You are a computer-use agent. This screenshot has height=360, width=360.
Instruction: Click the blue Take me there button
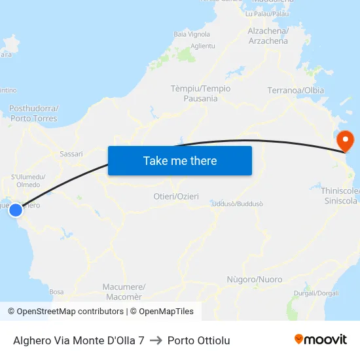pyautogui.click(x=179, y=160)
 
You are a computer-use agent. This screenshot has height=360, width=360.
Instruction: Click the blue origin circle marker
pyautogui.click(x=16, y=209)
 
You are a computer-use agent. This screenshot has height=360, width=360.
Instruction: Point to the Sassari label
pyautogui.click(x=71, y=154)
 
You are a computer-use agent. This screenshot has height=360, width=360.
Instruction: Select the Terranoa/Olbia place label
pyautogui.click(x=296, y=90)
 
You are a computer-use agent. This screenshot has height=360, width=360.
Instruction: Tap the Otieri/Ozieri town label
pyautogui.click(x=175, y=196)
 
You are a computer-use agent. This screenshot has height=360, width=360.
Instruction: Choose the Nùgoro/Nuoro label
pyautogui.click(x=254, y=279)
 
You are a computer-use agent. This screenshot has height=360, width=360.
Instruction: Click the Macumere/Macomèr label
pyautogui.click(x=124, y=291)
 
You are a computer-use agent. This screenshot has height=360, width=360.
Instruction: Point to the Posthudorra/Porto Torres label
pyautogui.click(x=34, y=113)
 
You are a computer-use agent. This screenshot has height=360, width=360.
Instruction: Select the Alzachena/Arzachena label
pyautogui.click(x=268, y=36)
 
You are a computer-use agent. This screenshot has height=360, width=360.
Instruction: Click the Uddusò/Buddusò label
pyautogui.click(x=238, y=204)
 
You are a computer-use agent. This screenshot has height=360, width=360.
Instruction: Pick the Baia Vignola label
pyautogui.click(x=191, y=34)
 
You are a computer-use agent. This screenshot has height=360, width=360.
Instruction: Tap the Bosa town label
pyautogui.click(x=56, y=291)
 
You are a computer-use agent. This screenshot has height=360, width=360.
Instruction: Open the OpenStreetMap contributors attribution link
pyautogui.click(x=65, y=312)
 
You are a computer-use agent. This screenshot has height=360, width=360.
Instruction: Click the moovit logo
pyautogui.click(x=321, y=340)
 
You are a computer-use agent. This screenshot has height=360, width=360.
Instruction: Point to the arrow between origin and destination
pyautogui.click(x=156, y=340)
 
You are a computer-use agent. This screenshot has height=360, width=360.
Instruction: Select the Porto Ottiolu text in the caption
pyautogui.click(x=198, y=340)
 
